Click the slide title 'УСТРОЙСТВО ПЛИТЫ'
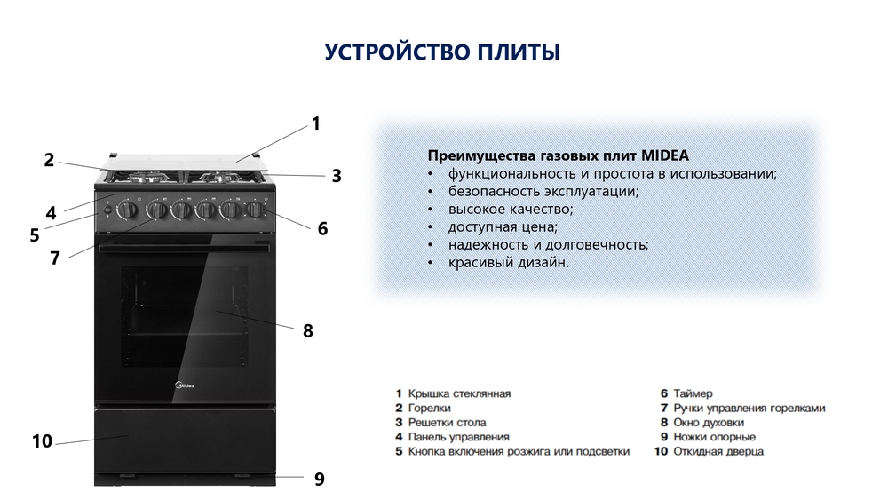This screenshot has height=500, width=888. [x=441, y=52]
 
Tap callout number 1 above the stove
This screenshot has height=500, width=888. [x=315, y=124]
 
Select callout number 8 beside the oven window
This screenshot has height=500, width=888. [x=308, y=331]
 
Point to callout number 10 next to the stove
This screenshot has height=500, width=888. [x=42, y=441]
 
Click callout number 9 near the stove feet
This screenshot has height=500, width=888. [x=319, y=480]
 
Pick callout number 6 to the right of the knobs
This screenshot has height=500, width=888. [x=322, y=228]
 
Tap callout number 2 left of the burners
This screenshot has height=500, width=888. [x=50, y=160]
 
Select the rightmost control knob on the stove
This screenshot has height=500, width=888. [x=256, y=210]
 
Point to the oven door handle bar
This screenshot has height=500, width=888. [x=184, y=248]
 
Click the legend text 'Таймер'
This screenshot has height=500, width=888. [x=693, y=393]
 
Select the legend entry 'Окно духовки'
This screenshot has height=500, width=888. [x=708, y=423]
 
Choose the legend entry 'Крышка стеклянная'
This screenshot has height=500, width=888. [x=459, y=393]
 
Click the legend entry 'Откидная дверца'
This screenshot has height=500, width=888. [x=718, y=452]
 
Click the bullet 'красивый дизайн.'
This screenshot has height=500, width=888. [x=508, y=263]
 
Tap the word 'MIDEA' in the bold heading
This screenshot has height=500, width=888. [x=662, y=155]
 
